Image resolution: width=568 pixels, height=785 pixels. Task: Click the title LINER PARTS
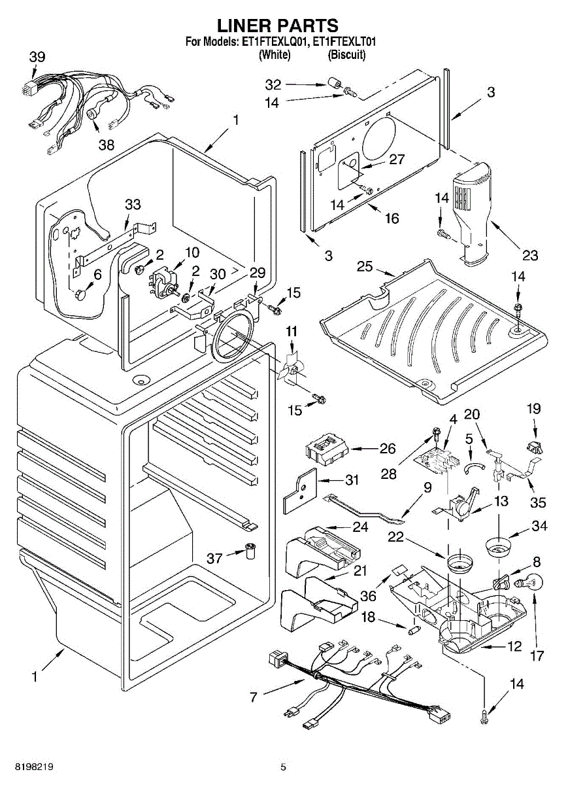pos(278,26)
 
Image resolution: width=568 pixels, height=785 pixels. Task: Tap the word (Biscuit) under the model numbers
pos(346,55)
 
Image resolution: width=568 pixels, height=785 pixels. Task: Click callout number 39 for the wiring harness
pos(37,57)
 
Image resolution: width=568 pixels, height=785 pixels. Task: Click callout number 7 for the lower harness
pos(254,697)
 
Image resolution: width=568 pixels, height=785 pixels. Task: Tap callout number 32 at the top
pos(273,84)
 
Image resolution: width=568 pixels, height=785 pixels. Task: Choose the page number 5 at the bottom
pos(283,767)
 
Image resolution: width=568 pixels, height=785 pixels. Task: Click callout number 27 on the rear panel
pos(397,159)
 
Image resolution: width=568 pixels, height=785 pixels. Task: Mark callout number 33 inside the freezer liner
pos(133,205)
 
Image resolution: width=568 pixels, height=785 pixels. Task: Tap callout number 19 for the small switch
pos(534,409)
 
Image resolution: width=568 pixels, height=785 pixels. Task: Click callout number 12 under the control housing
pos(514,647)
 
